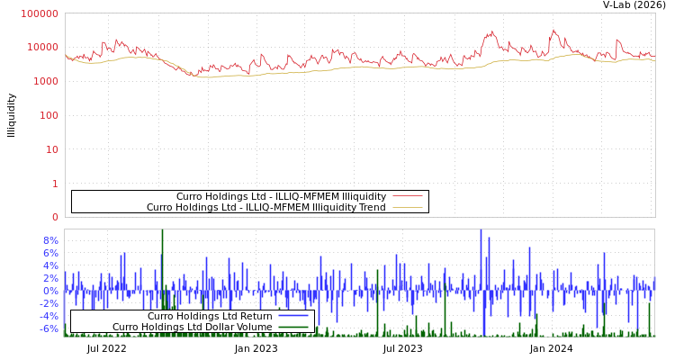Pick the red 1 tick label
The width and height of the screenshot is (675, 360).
coord(55,184)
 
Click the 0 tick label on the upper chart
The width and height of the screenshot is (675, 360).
coord(55,217)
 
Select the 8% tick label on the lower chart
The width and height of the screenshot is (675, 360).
coord(50,240)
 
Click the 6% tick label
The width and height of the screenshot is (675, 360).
coord(50,253)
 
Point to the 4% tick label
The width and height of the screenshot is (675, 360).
coord(50,265)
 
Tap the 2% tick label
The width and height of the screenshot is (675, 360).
coord(50,278)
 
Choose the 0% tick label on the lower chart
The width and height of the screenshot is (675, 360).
coord(50,291)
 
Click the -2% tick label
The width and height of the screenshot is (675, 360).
coord(49,303)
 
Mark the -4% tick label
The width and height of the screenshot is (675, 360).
coord(49,316)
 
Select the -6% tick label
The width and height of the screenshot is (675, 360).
coord(49,328)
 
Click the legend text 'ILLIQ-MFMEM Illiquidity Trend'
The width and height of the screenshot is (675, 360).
coord(265,208)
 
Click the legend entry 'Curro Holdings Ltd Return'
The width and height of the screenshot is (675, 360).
coord(210,316)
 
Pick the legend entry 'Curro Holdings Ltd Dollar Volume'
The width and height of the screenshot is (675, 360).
coord(192,327)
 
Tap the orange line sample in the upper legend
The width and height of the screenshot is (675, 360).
coord(407,208)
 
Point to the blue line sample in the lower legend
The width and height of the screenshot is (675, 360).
coord(293,316)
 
